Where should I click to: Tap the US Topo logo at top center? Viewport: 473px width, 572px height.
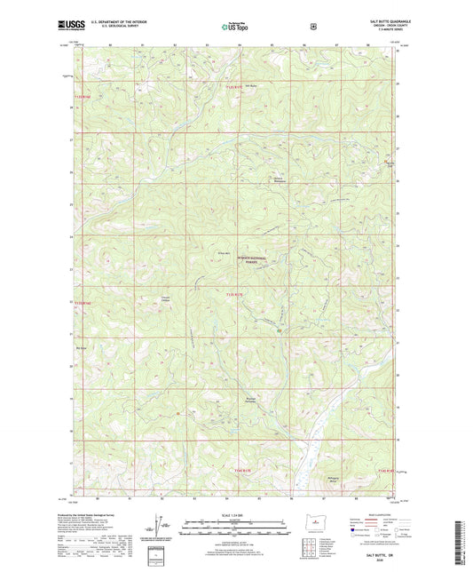(x=236, y=28)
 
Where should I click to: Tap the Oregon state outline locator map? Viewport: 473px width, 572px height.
(x=312, y=524)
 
